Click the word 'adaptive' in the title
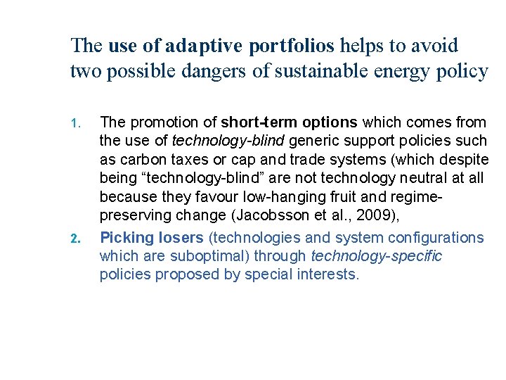[x=202, y=46]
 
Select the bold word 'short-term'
[x=255, y=122]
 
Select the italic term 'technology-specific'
[x=377, y=256]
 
